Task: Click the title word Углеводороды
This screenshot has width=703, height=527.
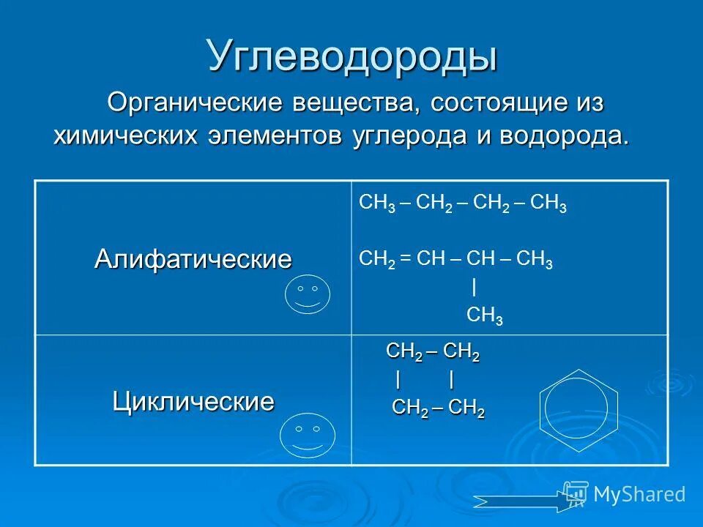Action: coord(352,56)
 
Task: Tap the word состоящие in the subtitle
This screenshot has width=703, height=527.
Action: coord(496,102)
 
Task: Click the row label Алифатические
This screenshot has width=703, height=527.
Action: coord(193,259)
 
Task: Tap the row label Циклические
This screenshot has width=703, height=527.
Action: coord(193,401)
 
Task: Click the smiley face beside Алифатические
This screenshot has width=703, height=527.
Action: coord(308,295)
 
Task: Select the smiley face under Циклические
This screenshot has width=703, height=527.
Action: coord(308,436)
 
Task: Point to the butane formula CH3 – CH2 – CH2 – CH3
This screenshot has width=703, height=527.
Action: coord(463,205)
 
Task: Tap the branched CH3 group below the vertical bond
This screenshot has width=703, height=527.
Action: coord(484,315)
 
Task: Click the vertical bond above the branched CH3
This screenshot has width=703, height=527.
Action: coord(475,285)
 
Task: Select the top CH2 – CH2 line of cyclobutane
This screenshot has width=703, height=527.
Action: coord(433,352)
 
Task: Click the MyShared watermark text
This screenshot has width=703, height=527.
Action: coord(639,494)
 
